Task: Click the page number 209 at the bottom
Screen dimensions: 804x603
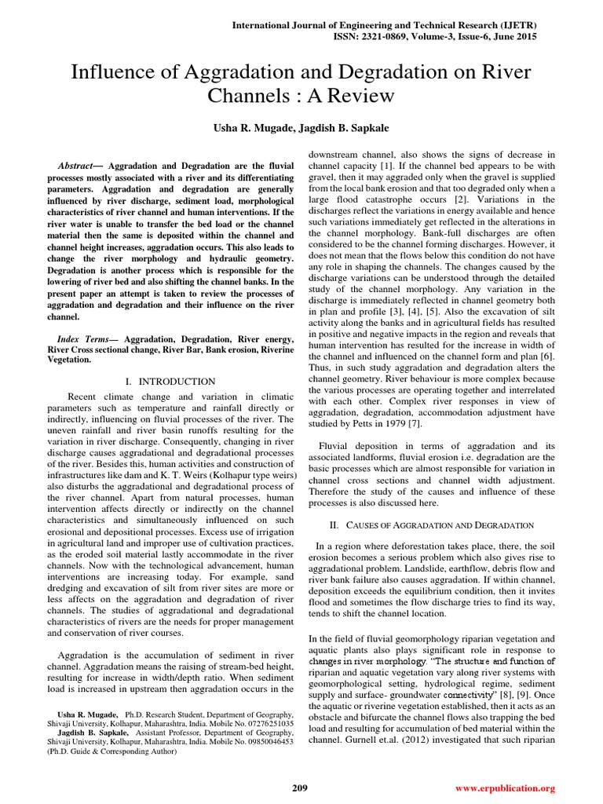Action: coord(300,788)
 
